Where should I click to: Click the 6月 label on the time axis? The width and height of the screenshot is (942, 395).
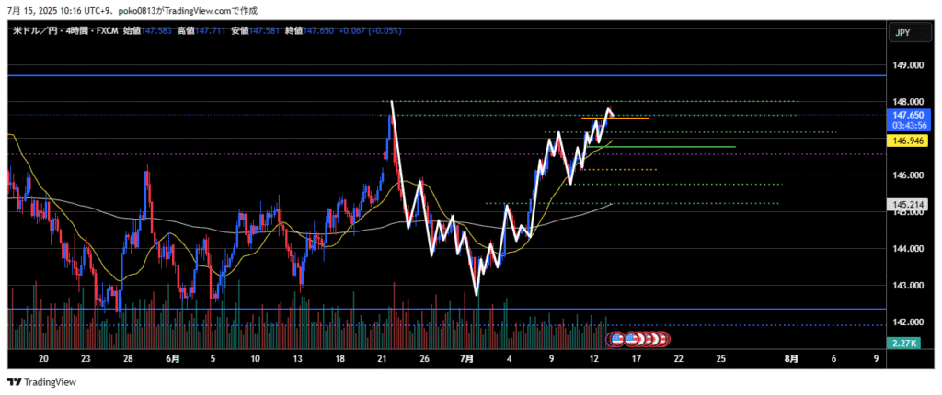click(x=171, y=358)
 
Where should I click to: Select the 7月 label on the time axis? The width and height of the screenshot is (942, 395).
click(x=466, y=358)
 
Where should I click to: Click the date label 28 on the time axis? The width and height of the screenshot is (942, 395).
click(x=128, y=358)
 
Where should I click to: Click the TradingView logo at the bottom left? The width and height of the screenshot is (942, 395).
click(x=42, y=382)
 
